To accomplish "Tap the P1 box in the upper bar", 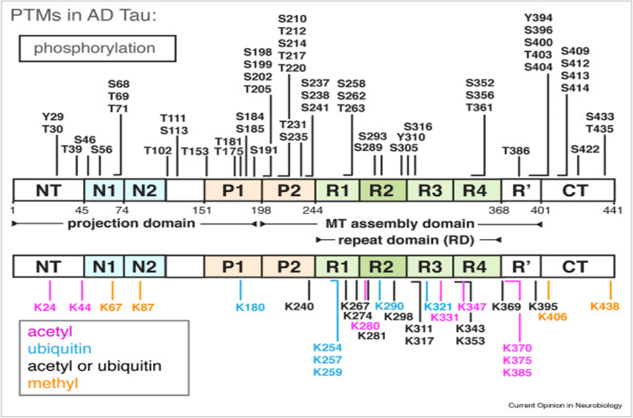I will pyautogui.click(x=232, y=190).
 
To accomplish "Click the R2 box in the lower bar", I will pyautogui.click(x=382, y=267).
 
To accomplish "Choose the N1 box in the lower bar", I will pyautogui.click(x=104, y=267).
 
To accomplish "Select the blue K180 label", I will pyautogui.click(x=250, y=308).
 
